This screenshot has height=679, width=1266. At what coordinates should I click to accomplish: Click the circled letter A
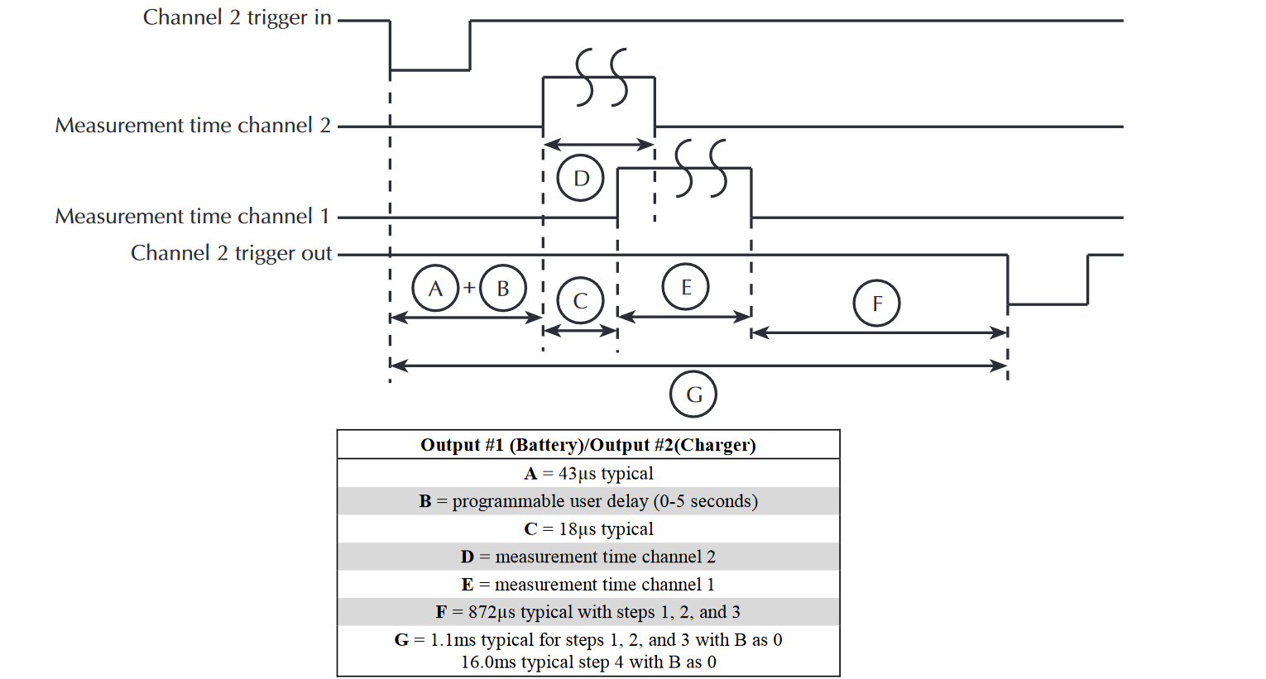click(435, 288)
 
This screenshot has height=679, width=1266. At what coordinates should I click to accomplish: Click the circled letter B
click(503, 288)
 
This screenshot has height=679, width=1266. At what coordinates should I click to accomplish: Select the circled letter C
click(581, 301)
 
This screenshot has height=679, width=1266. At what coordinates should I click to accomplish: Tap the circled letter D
click(581, 178)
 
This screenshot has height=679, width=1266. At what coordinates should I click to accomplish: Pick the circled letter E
click(686, 287)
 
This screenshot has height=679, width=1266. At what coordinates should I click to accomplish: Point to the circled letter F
click(877, 304)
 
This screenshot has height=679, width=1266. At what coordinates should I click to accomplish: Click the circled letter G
click(693, 394)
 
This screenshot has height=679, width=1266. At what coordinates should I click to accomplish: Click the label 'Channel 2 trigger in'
click(237, 17)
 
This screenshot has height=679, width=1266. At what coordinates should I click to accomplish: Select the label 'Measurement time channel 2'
click(193, 126)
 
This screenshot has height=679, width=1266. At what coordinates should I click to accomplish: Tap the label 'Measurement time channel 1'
click(192, 217)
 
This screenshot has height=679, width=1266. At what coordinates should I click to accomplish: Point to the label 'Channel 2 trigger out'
click(231, 253)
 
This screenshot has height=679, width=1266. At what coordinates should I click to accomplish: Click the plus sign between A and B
click(469, 288)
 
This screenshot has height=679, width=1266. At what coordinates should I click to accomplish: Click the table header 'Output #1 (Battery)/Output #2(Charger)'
click(588, 445)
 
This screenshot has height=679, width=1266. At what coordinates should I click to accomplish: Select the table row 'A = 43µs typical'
click(588, 473)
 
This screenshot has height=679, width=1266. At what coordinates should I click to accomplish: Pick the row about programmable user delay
click(588, 501)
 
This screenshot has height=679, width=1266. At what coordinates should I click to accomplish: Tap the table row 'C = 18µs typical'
click(588, 529)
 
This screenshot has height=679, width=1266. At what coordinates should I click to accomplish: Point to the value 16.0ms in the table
click(483, 662)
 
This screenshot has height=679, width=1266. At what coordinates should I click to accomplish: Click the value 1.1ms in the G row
click(453, 640)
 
